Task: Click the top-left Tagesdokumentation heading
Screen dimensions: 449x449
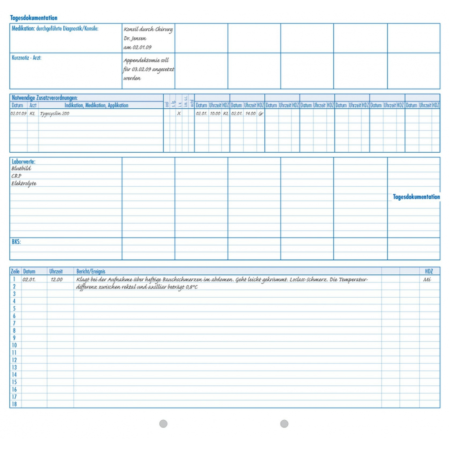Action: (x=34, y=18)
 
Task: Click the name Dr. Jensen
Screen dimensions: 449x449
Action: (x=135, y=39)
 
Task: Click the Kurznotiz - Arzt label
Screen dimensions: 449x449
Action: (x=26, y=57)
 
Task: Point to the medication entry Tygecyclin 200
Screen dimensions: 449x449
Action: (x=54, y=114)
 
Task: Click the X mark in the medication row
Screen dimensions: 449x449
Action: (x=179, y=114)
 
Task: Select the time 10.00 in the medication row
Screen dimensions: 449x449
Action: (x=215, y=114)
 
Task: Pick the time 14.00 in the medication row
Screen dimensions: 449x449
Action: (x=250, y=114)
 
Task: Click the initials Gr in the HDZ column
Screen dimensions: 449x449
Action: (x=261, y=114)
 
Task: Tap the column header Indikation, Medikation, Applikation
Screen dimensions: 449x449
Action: (x=97, y=106)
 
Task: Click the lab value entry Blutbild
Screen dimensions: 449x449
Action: (x=21, y=168)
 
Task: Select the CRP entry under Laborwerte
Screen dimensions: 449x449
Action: (x=16, y=176)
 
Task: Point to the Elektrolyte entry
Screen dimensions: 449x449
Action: (x=24, y=184)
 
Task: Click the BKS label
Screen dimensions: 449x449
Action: (x=16, y=242)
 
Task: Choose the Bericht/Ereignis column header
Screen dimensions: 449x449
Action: (x=91, y=272)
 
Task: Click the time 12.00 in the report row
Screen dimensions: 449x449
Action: (x=57, y=279)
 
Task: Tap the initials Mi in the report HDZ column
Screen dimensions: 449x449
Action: (x=427, y=279)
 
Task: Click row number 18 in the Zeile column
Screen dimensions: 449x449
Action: (x=14, y=404)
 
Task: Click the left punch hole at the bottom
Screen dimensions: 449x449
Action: (x=163, y=423)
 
